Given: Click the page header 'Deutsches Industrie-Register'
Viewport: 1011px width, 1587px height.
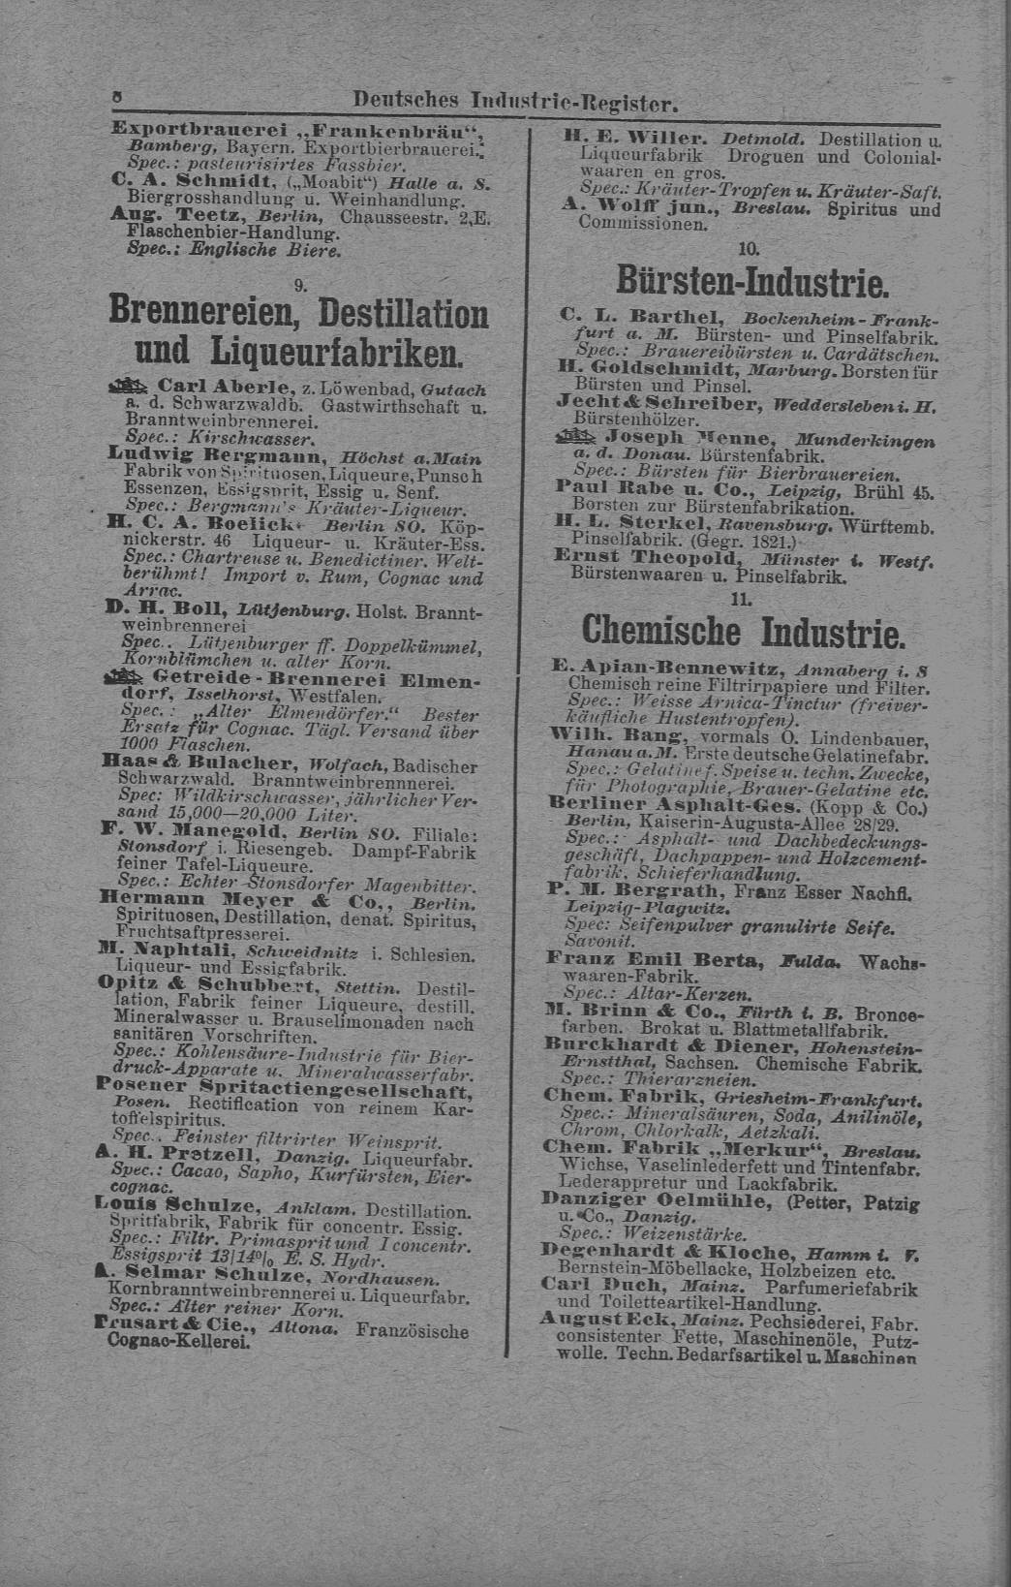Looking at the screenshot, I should pyautogui.click(x=513, y=101).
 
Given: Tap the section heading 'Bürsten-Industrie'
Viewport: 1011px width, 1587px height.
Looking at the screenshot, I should pyautogui.click(x=751, y=282).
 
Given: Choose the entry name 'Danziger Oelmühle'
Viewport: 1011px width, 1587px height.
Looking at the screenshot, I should pyautogui.click(x=648, y=1199).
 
